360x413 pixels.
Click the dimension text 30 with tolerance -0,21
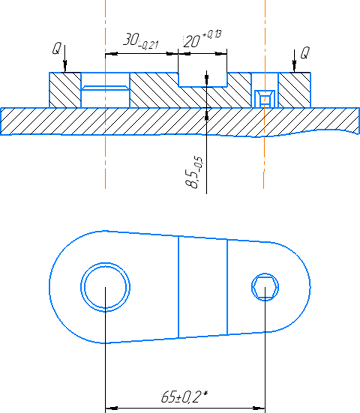[x=141, y=41]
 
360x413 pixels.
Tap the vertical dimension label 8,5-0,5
[x=194, y=173]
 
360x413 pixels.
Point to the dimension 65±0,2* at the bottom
[x=184, y=397]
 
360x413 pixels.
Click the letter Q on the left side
[x=56, y=48]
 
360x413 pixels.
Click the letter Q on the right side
[x=305, y=53]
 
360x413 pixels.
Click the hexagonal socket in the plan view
[x=265, y=287]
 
